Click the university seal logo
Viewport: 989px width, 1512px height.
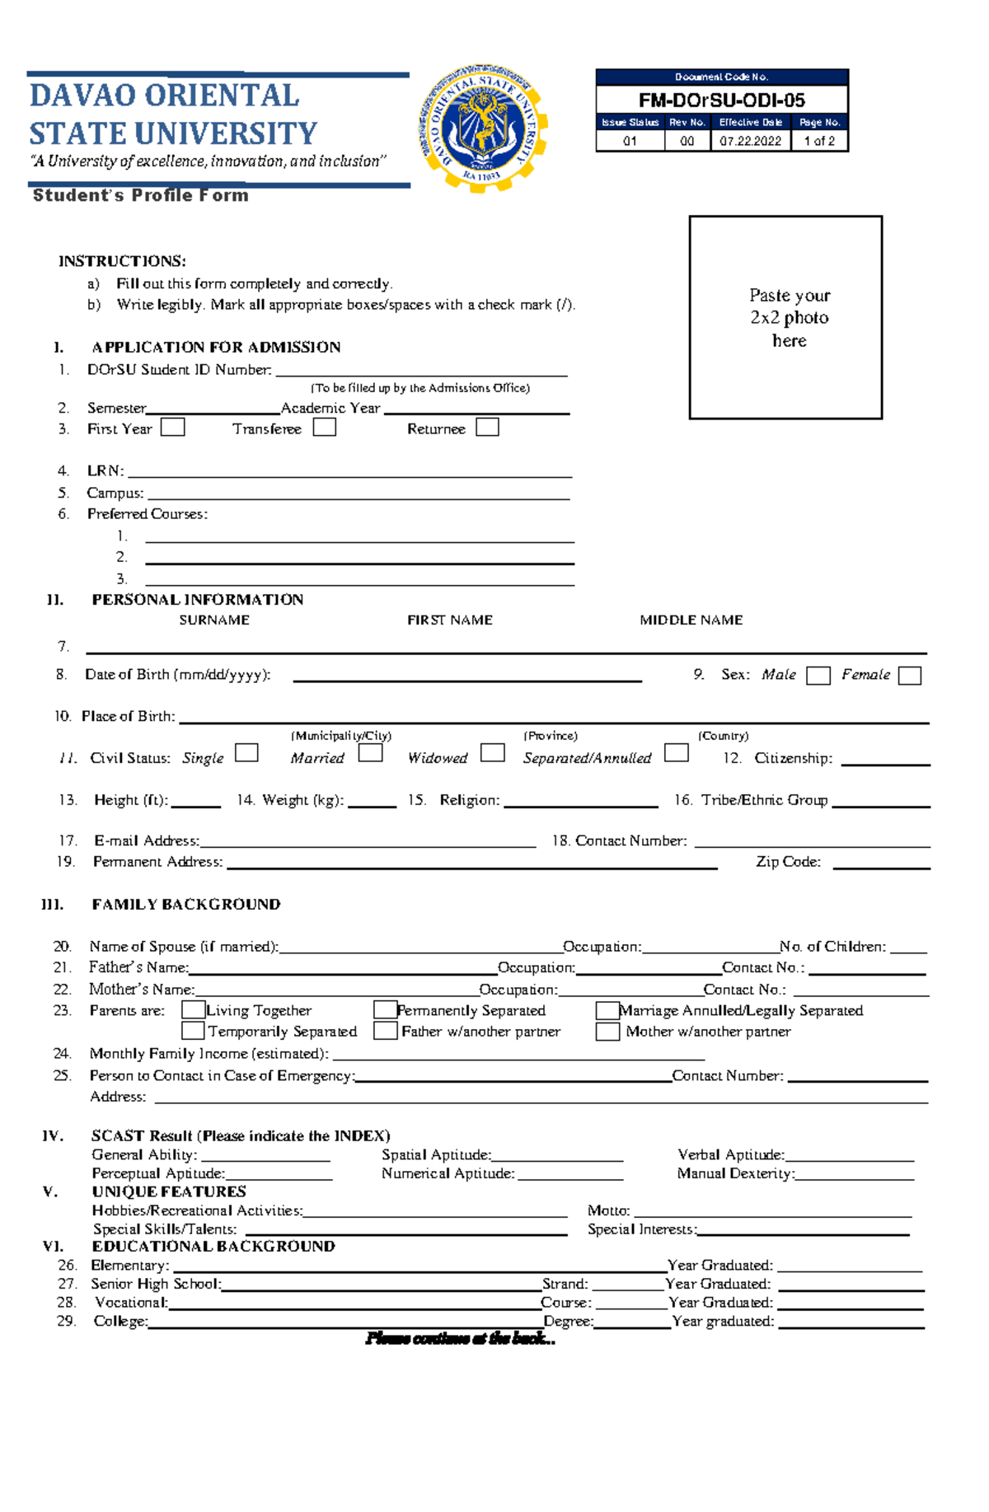482,129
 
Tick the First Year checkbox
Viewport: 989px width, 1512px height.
172,428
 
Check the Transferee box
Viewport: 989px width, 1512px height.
325,428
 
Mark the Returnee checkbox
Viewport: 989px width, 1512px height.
487,428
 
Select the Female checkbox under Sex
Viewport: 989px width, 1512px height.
909,676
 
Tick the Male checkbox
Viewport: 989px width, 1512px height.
818,676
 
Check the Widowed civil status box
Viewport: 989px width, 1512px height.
492,753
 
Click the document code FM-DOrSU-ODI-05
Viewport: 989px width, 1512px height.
721,101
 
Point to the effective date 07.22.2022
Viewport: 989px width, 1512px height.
750,141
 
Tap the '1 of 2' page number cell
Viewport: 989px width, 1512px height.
819,141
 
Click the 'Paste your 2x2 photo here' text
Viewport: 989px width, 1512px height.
789,317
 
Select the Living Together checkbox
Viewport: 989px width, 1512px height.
193,1010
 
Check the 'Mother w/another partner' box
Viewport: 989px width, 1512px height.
607,1032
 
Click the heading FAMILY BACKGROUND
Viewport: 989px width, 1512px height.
186,905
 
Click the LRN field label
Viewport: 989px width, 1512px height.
105,471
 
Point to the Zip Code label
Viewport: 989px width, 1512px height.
788,862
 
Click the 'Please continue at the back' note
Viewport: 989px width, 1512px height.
460,1339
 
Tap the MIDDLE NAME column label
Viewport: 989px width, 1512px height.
691,620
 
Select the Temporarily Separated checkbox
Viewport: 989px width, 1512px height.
193,1031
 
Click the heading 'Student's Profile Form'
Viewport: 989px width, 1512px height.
140,195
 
